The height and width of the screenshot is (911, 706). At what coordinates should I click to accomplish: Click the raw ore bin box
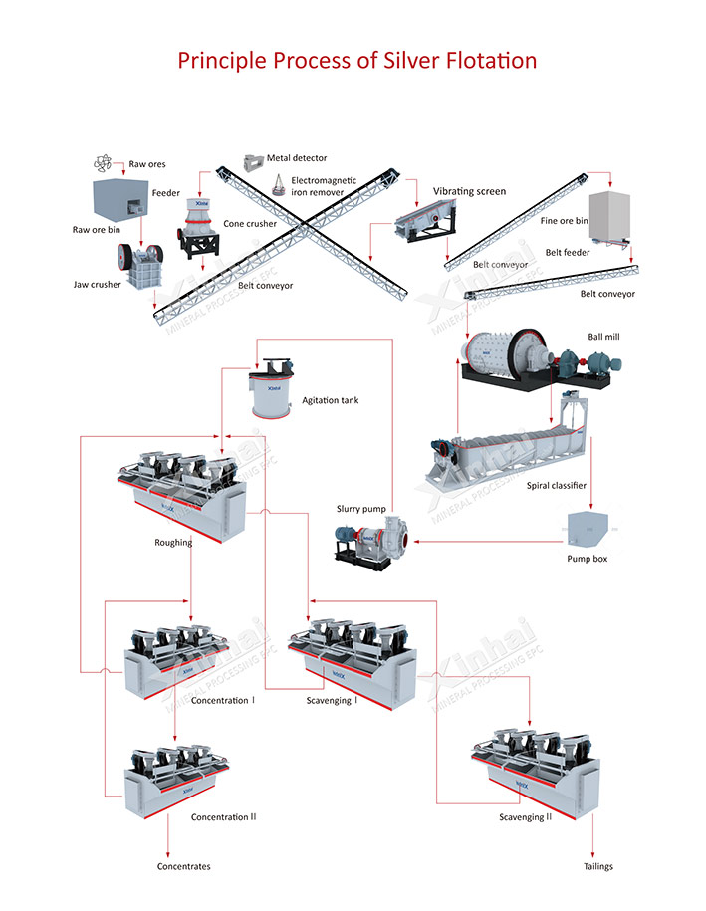click(121, 199)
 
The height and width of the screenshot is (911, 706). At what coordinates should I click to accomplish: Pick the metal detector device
click(252, 159)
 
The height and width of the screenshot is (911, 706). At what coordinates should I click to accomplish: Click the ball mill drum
click(508, 355)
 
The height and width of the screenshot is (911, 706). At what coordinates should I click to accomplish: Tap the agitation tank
click(271, 391)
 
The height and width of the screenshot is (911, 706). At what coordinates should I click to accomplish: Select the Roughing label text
click(173, 543)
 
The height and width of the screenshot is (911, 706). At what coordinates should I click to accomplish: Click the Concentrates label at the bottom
click(184, 866)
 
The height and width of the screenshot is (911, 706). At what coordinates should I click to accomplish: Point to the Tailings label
click(598, 866)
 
